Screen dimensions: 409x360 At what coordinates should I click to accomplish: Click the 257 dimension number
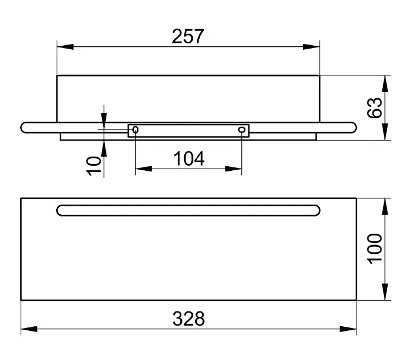(x=188, y=36)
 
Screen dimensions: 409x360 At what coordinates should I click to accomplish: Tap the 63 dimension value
(x=374, y=108)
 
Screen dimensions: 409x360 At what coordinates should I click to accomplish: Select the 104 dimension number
(x=189, y=158)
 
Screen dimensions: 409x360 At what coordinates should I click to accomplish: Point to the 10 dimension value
(x=93, y=166)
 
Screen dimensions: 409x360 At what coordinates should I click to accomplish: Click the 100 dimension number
(x=374, y=249)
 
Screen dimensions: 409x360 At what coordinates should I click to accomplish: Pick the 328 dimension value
(x=189, y=318)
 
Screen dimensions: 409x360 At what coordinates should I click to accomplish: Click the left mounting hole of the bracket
(x=136, y=130)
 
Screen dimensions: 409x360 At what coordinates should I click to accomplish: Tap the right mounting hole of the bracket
(x=242, y=130)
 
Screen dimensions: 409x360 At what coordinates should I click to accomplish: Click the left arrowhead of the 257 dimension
(x=65, y=47)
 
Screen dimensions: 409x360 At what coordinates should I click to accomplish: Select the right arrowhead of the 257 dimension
(x=311, y=47)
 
